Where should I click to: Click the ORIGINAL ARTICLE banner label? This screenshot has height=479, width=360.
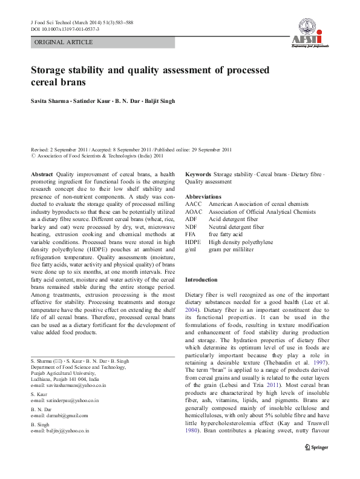tap(64, 42)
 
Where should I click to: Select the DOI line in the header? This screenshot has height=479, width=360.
tap(65, 29)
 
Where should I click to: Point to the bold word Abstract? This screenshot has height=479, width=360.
tap(42, 174)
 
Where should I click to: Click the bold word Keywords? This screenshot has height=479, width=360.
tap(198, 174)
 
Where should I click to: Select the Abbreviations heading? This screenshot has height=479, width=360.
tap(203, 197)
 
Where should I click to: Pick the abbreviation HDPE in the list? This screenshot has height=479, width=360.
tap(194, 242)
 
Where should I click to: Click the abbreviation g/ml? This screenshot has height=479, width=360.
tap(191, 249)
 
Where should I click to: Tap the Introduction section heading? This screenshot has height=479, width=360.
tap(201, 280)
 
